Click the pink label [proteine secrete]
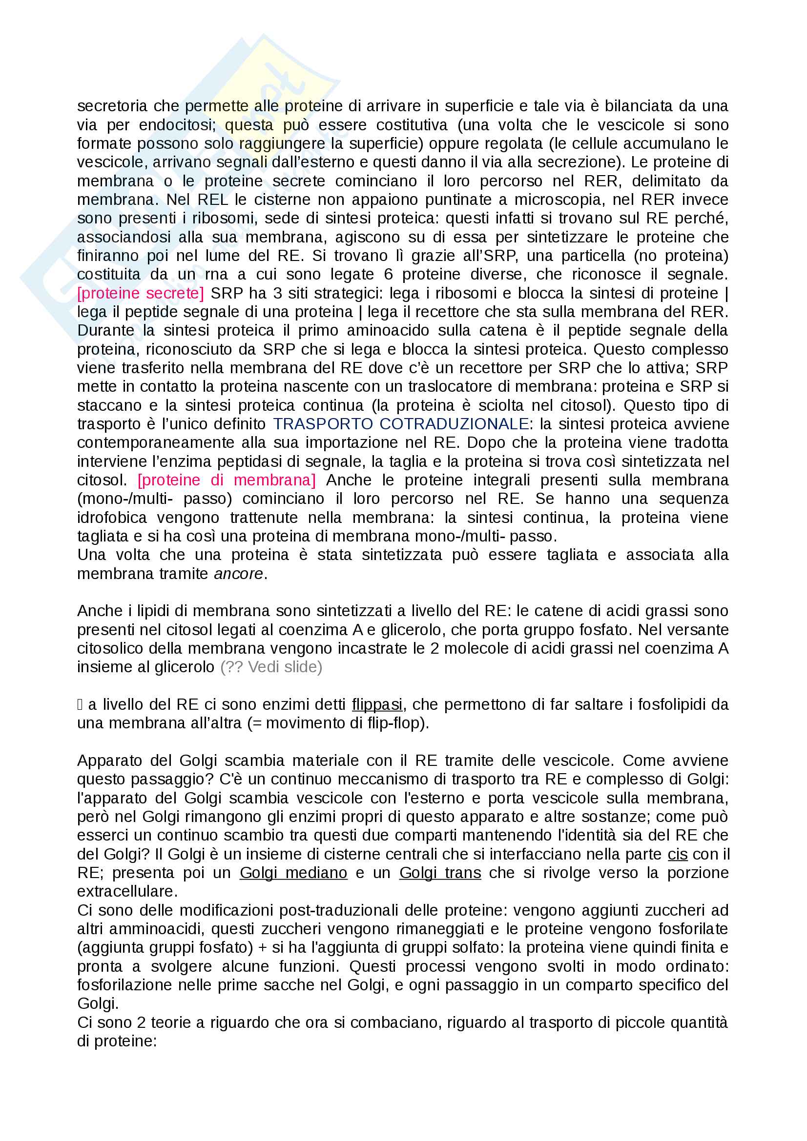point(140,293)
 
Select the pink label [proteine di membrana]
point(226,480)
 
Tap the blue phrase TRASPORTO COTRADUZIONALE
point(400,424)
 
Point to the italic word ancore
point(238,574)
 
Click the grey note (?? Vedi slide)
point(271,667)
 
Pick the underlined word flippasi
point(377,704)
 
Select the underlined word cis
point(677,854)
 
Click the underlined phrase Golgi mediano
point(293,873)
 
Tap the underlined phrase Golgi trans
point(440,873)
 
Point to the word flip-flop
point(395,723)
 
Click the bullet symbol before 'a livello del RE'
point(80,704)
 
